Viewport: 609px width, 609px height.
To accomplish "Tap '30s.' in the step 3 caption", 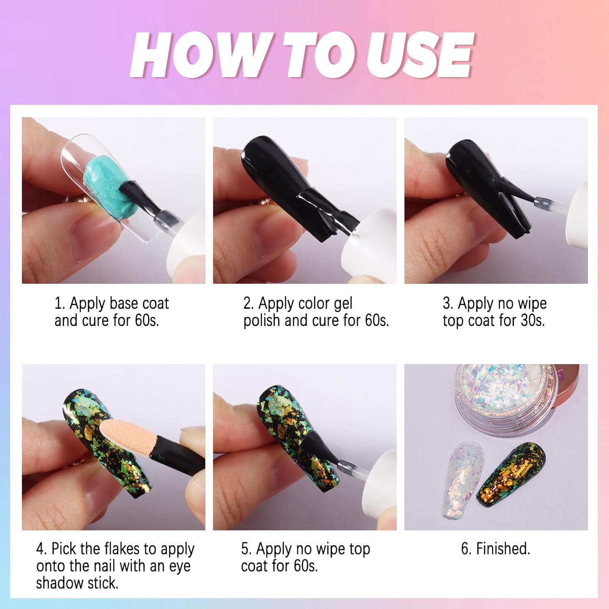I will tap(533, 321).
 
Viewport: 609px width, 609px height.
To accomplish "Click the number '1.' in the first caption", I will tap(60, 304).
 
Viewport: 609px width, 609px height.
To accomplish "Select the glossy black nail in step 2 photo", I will tap(280, 175).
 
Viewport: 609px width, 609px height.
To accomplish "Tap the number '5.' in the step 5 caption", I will tap(246, 549).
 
